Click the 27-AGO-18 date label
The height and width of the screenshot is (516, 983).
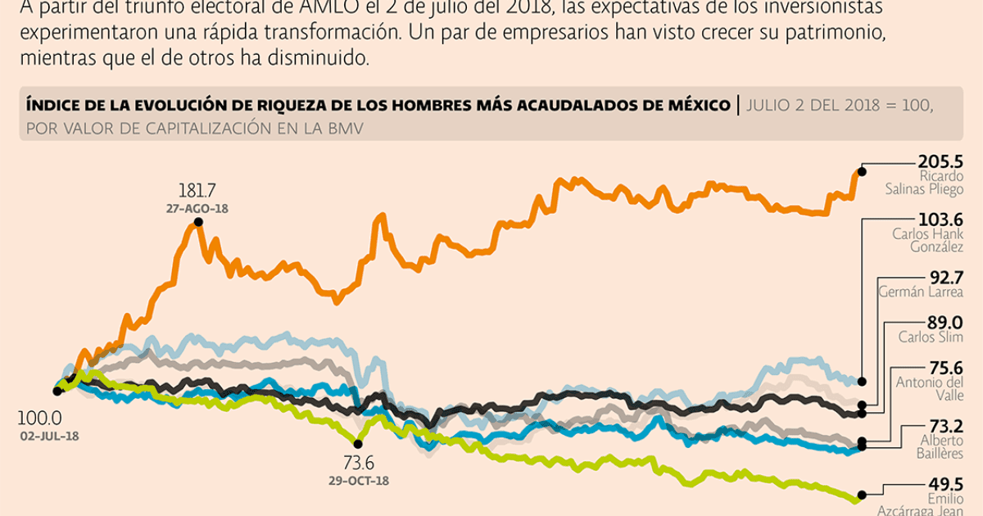pyautogui.click(x=197, y=209)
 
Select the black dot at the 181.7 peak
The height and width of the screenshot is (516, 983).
pyautogui.click(x=193, y=224)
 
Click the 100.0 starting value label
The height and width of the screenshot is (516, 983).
pyautogui.click(x=39, y=418)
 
